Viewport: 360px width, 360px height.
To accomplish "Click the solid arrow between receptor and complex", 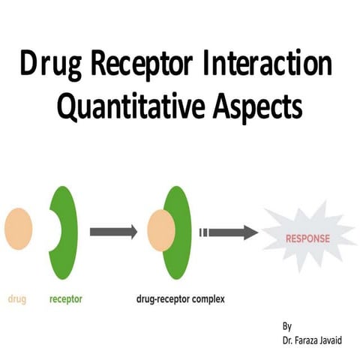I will [113, 232].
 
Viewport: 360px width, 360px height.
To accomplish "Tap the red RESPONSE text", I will [307, 239].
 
